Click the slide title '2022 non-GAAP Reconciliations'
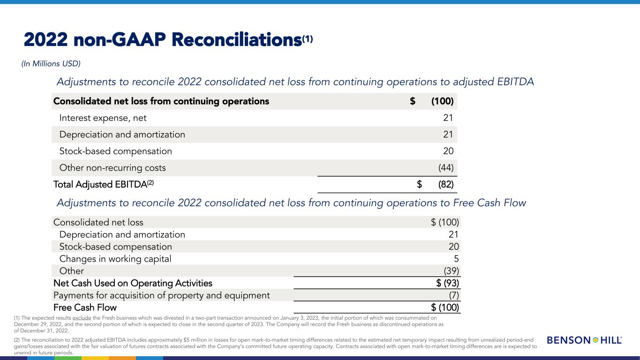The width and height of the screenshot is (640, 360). click(x=162, y=41)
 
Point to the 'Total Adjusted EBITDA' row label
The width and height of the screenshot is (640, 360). click(x=103, y=185)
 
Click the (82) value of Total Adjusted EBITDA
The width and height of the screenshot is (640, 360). click(x=445, y=185)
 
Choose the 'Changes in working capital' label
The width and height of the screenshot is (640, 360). click(x=115, y=259)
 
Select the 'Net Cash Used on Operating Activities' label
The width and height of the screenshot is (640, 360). click(x=133, y=283)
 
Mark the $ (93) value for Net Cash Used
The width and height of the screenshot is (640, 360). click(x=447, y=283)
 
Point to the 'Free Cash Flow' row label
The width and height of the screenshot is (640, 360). click(x=85, y=307)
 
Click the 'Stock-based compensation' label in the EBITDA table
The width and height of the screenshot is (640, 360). click(x=115, y=151)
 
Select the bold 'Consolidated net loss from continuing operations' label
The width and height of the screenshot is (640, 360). click(x=161, y=101)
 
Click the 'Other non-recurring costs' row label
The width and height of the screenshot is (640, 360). click(x=113, y=168)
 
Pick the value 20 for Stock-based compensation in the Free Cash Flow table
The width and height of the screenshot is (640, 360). click(x=453, y=247)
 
